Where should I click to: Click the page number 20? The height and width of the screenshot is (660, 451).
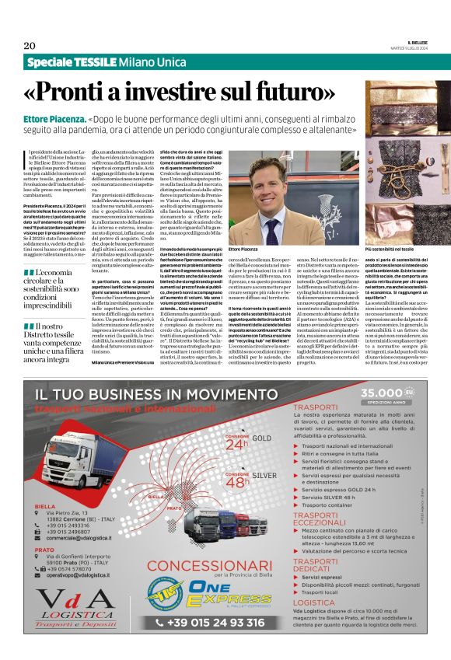(x=29, y=44)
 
